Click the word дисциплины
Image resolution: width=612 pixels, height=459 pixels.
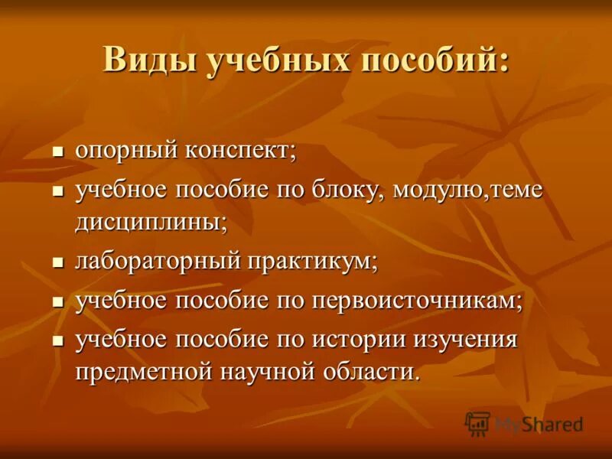(151, 223)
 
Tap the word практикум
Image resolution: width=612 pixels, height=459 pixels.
(312, 262)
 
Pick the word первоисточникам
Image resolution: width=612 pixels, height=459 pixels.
(417, 301)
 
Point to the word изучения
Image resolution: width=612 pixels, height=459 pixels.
(466, 339)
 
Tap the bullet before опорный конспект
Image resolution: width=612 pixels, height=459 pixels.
(57, 151)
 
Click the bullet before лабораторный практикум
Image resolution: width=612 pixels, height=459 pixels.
(57, 262)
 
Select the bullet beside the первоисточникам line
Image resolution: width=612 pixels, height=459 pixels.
(57, 302)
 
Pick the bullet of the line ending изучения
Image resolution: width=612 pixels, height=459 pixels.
(57, 340)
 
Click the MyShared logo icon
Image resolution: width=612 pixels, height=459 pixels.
(477, 423)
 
